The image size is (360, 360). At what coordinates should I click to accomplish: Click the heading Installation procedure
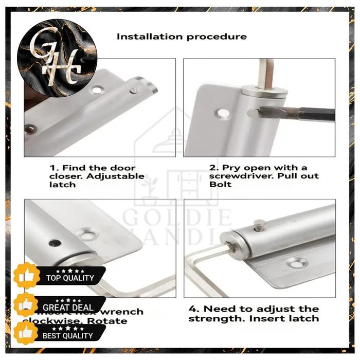(182, 37)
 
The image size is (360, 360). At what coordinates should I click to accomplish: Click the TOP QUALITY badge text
(70, 278)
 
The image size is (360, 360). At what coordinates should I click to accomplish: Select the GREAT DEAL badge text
(68, 308)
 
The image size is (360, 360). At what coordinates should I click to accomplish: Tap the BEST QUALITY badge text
(68, 335)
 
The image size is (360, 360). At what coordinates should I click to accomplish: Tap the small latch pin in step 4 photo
(260, 224)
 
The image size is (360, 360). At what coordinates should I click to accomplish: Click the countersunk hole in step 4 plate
(297, 263)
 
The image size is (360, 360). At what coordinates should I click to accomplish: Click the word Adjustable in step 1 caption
(117, 176)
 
